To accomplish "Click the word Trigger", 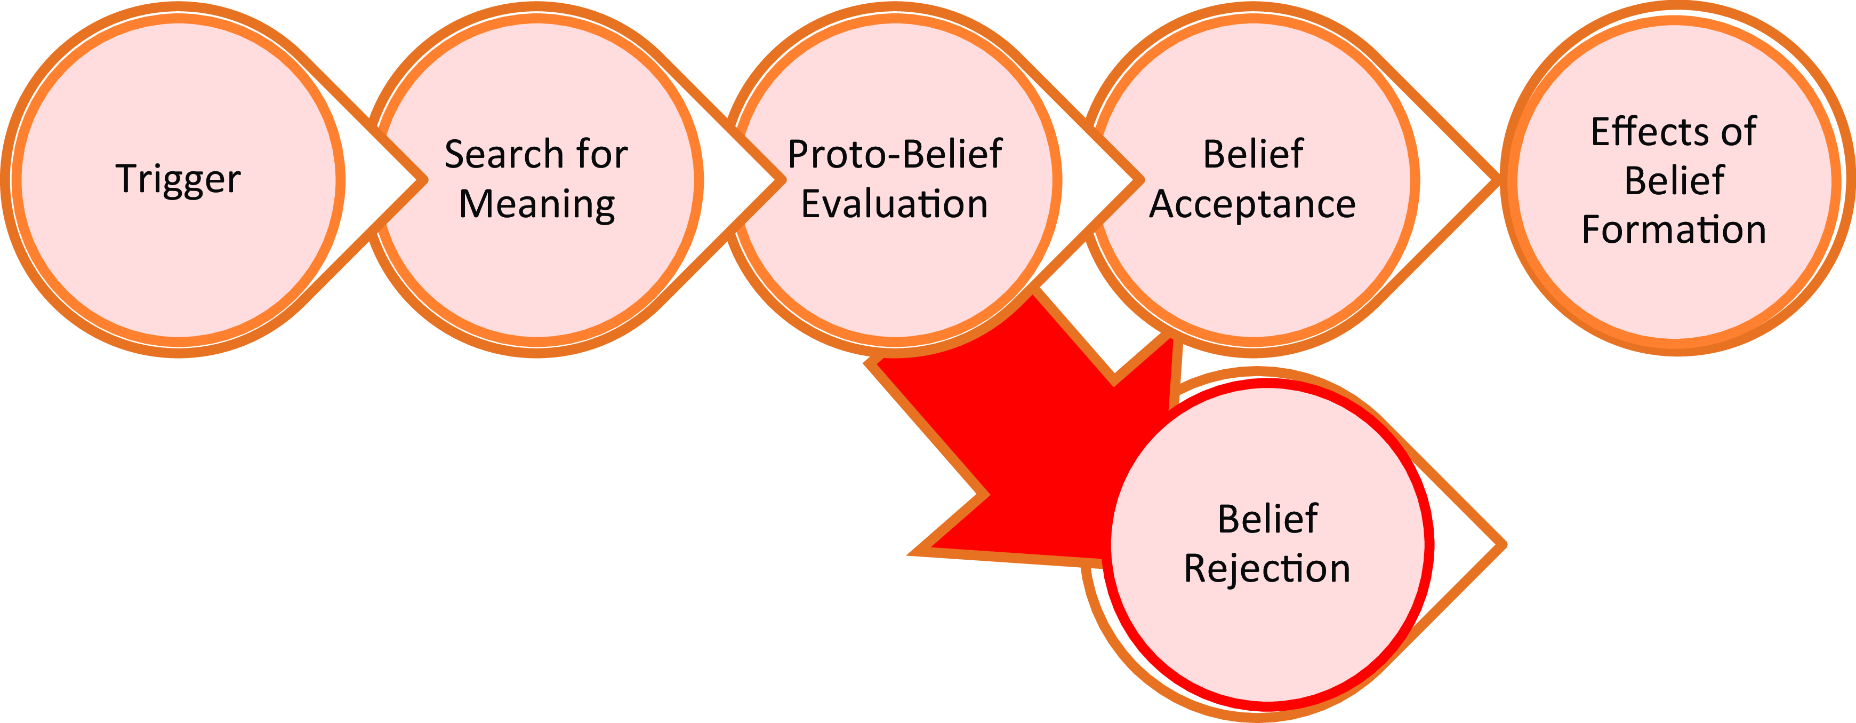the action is [x=178, y=179].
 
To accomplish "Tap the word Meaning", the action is [x=537, y=205].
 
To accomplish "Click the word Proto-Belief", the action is [x=895, y=154].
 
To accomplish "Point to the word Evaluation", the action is [x=895, y=204].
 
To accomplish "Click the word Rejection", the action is [x=1267, y=569].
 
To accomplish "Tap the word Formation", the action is [x=1674, y=230].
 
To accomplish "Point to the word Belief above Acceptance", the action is [x=1253, y=154].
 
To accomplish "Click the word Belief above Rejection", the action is [x=1267, y=519].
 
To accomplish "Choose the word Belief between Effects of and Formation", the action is [x=1674, y=181].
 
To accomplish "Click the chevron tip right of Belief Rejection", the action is [x=1505, y=544].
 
